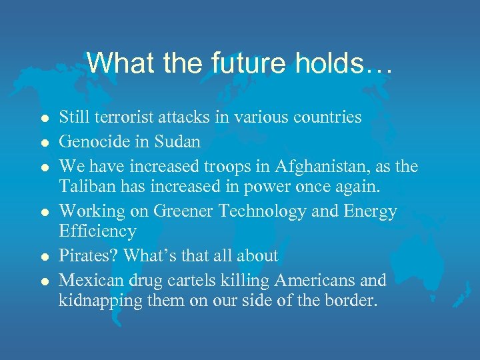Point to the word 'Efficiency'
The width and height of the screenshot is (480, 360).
coord(98,231)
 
